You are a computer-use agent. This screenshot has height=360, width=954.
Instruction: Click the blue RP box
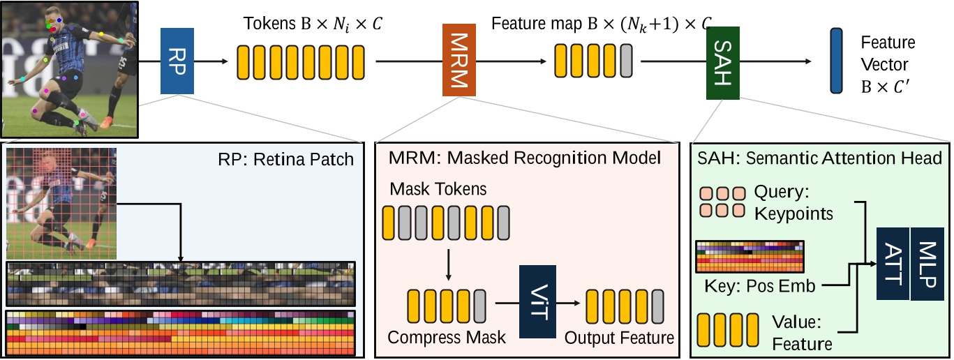[x=177, y=61]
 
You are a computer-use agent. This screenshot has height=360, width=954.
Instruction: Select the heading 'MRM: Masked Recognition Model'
[x=523, y=158]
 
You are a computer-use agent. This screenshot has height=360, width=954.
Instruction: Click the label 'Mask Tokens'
[x=429, y=188]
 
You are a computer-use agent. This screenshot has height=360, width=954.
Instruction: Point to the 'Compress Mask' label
[x=446, y=338]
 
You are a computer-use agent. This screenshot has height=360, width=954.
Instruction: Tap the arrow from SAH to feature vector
[x=775, y=61]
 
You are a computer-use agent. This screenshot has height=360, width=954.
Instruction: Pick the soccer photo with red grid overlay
[x=61, y=203]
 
